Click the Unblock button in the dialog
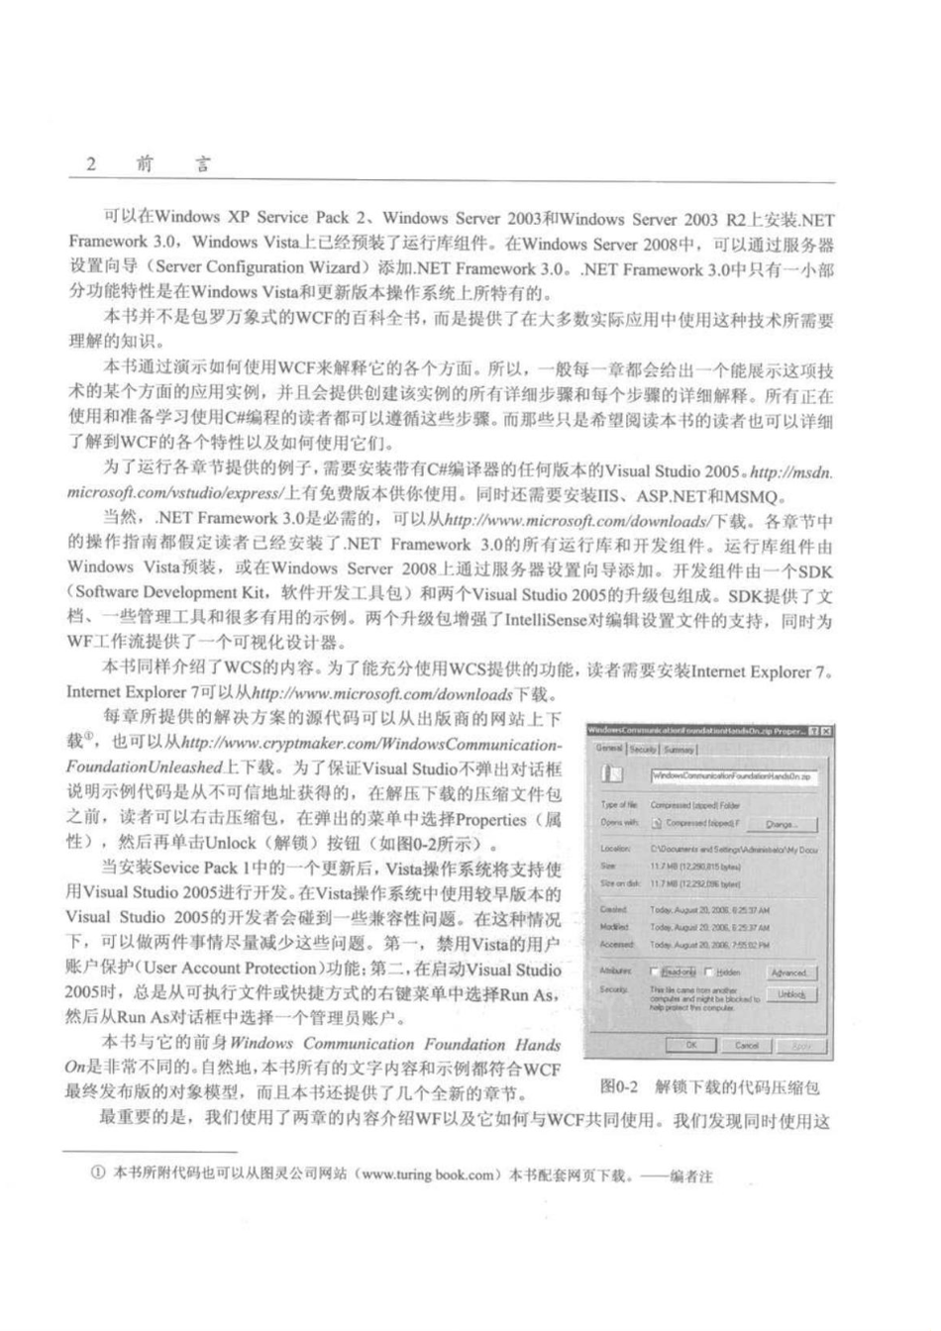tap(790, 994)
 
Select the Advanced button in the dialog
tap(788, 973)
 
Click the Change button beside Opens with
tap(781, 823)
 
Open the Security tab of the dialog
tap(643, 749)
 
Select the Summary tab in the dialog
tap(679, 749)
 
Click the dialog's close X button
tap(824, 731)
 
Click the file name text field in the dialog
tap(733, 777)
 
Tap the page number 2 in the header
tap(91, 163)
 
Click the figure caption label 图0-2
tap(618, 1086)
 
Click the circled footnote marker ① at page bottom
tap(97, 1176)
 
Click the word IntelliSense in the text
tap(551, 620)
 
